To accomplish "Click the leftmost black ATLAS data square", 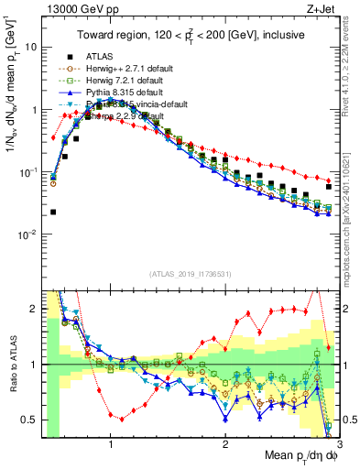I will tap(53, 212).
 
